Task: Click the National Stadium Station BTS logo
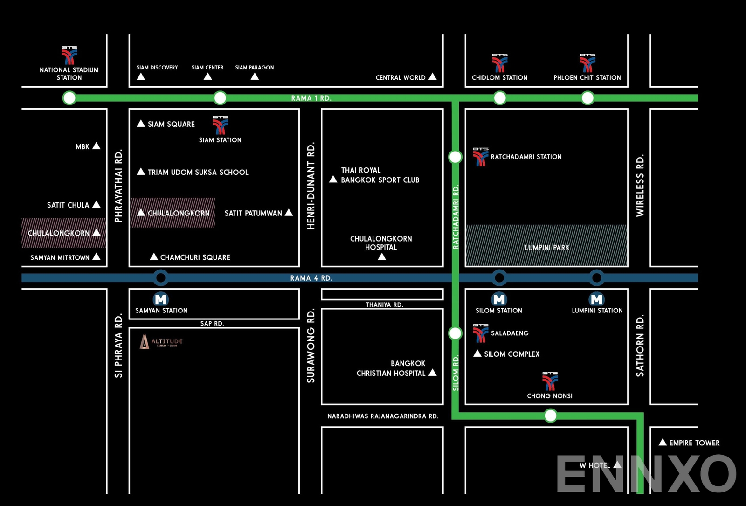pos(69,55)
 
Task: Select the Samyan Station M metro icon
pos(161,299)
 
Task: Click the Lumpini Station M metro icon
pos(597,299)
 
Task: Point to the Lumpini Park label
pos(547,248)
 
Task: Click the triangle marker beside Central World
pos(433,76)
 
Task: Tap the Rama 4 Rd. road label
pos(311,278)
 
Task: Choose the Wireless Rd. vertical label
pos(640,185)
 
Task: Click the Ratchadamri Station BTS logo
pos(480,157)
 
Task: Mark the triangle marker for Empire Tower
pos(663,442)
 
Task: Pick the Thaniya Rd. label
pos(384,305)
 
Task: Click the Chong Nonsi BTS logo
pos(550,381)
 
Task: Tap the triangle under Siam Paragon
pos(255,76)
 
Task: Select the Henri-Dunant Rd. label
pos(311,186)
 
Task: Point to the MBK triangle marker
pos(97,146)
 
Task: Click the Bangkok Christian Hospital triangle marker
pos(433,372)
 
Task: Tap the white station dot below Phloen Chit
pos(587,98)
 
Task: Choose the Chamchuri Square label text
pos(195,257)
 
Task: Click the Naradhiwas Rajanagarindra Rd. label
pos(383,416)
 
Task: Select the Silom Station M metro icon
pos(499,299)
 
